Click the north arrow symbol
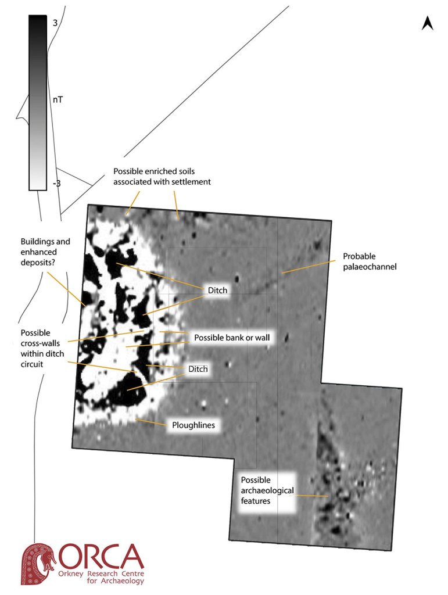428,23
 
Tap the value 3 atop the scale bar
55,23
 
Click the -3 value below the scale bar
56,184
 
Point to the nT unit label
58,100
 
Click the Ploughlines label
193,425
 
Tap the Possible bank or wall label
232,338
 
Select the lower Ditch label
198,369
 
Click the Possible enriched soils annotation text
162,177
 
